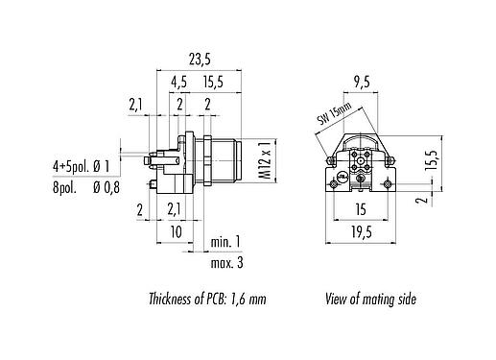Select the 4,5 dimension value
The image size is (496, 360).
tap(179, 83)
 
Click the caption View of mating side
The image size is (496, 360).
tap(368, 300)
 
